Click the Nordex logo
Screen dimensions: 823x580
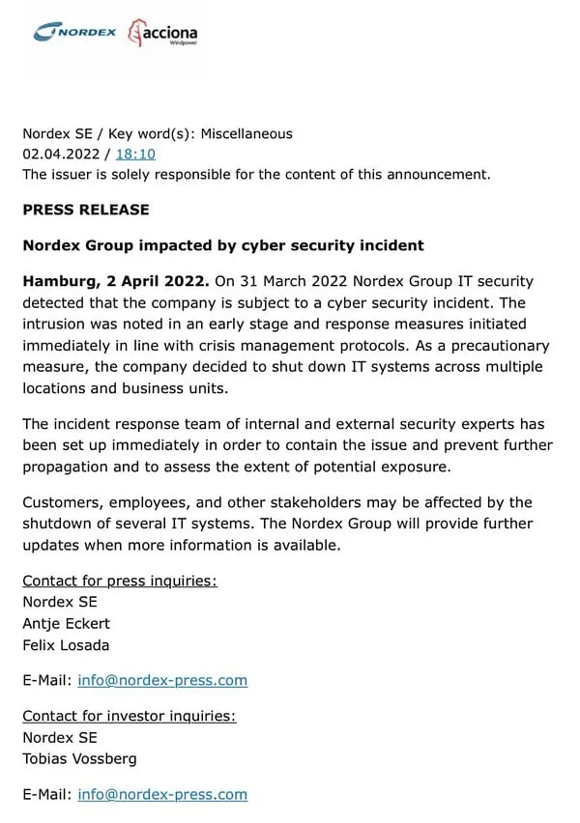point(74,32)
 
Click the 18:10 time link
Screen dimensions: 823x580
point(135,154)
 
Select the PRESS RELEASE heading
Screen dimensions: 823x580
point(86,210)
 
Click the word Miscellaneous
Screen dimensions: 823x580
point(246,133)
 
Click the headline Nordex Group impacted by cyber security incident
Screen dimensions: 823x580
point(223,245)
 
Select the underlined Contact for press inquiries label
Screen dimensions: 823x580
point(120,581)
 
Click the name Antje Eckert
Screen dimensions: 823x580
point(67,623)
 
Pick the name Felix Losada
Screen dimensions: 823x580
point(66,644)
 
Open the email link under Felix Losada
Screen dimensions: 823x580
point(162,680)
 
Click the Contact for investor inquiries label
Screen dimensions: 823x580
point(130,716)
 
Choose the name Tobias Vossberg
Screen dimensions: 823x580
point(79,758)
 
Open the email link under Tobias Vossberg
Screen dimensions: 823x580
point(162,794)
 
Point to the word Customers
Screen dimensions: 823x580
point(63,502)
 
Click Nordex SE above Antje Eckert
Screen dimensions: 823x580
point(60,602)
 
